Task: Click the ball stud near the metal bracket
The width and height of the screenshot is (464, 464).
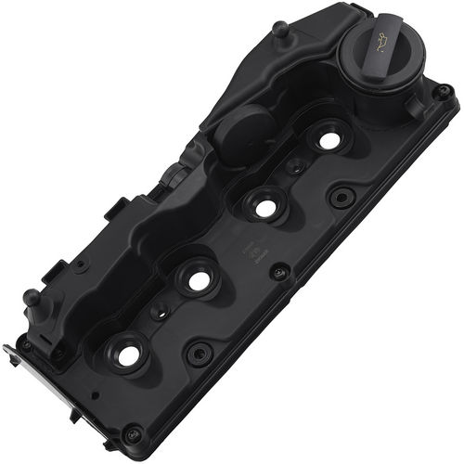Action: (32, 298)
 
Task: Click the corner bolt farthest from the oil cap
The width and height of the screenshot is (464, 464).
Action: (132, 433)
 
